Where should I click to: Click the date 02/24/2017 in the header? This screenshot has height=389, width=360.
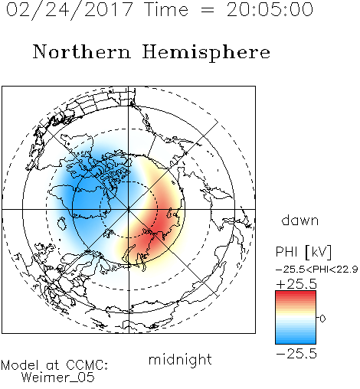(70, 10)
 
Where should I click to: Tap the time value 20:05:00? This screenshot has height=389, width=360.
(270, 10)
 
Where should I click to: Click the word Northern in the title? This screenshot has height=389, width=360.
(82, 51)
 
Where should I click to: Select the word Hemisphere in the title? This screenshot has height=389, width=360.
(206, 53)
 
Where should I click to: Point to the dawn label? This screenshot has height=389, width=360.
(300, 220)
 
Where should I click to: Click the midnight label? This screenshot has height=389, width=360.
(180, 359)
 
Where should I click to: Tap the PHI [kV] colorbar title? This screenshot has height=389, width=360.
(303, 252)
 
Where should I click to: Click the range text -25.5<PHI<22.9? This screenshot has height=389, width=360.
(317, 270)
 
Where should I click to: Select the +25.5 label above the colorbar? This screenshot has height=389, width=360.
(296, 284)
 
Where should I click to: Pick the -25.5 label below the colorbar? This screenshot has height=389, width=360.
(296, 354)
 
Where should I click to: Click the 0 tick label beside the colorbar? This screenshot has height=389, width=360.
(322, 319)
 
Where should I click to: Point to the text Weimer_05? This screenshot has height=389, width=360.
(58, 378)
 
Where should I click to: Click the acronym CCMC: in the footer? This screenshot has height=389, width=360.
(87, 365)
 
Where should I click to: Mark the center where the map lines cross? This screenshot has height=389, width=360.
(129, 209)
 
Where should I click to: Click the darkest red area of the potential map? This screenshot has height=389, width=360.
(160, 225)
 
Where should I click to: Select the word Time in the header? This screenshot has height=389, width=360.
(166, 10)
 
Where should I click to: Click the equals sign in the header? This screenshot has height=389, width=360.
(208, 10)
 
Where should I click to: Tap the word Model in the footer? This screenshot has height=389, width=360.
(20, 365)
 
